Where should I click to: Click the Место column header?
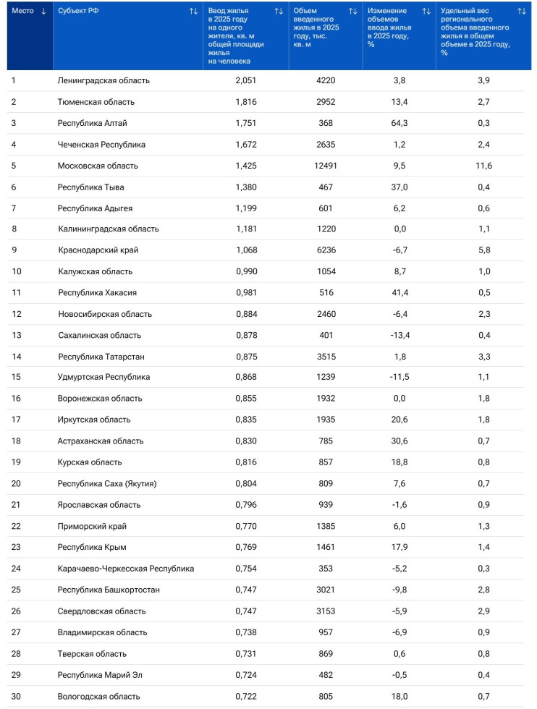click(23, 11)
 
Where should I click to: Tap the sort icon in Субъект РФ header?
click(193, 11)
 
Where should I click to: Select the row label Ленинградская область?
click(103, 80)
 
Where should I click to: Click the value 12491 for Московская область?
click(325, 166)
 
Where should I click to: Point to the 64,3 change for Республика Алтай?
click(399, 123)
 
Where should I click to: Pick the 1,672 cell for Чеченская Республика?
click(246, 145)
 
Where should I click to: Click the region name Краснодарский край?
click(98, 250)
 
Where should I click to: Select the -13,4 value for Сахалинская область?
click(399, 335)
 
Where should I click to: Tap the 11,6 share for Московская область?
click(483, 166)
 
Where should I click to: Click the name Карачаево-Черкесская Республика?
click(126, 569)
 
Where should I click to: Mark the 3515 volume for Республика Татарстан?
click(325, 356)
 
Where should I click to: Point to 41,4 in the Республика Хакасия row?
click(399, 292)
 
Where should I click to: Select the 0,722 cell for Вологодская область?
click(246, 697)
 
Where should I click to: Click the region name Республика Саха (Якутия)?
click(107, 483)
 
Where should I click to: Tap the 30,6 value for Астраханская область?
click(399, 441)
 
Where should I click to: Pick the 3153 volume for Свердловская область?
click(325, 611)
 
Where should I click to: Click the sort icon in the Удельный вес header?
click(522, 11)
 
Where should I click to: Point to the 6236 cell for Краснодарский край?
click(325, 250)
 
